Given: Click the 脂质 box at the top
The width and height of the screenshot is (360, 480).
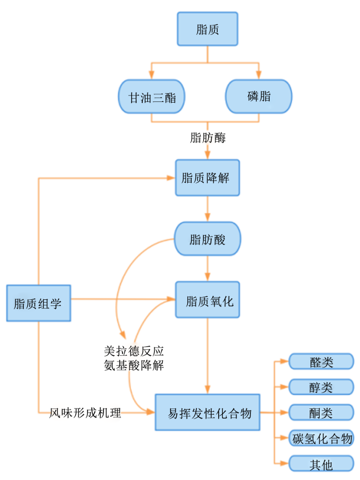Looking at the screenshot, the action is [x=207, y=29].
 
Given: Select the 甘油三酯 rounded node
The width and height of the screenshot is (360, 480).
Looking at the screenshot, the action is [x=151, y=97].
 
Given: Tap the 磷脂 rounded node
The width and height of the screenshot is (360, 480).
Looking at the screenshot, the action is [x=259, y=96].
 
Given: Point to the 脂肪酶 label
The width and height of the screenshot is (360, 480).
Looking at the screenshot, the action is [x=208, y=137].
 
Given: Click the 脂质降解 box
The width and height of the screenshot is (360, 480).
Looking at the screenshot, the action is [x=207, y=177].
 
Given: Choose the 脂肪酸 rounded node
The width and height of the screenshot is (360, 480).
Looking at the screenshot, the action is [x=207, y=239].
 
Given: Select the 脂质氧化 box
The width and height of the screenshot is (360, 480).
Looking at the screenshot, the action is [x=207, y=300].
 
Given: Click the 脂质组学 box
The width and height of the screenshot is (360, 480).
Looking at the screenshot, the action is [x=39, y=303].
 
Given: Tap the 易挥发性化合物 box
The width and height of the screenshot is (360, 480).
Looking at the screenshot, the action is [x=207, y=412].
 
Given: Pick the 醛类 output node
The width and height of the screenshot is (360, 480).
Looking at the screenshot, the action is [x=321, y=361].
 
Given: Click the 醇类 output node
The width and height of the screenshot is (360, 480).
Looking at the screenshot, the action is [x=321, y=387].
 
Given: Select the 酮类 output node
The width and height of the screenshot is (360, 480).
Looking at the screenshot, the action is [x=321, y=412].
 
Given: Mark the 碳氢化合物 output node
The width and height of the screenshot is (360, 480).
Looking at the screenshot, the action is [x=321, y=438].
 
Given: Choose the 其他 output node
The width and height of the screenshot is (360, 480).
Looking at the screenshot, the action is [x=321, y=463].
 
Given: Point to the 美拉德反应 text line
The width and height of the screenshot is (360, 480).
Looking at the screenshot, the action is [x=133, y=351].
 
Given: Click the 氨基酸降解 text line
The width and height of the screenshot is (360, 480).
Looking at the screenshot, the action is [x=133, y=365].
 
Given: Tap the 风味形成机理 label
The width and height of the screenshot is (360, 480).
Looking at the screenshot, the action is [x=85, y=413].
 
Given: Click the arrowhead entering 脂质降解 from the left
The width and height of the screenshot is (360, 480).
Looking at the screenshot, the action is [x=171, y=177].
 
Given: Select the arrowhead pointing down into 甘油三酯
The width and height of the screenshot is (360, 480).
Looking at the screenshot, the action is [x=151, y=75].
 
